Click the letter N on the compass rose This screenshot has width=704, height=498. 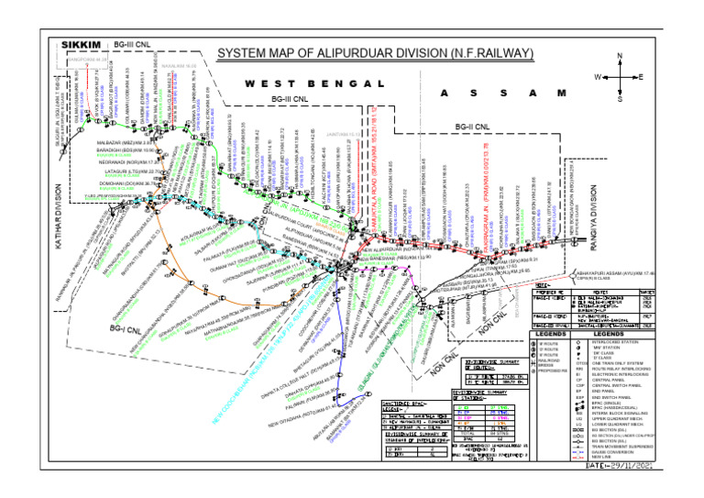click(x=620, y=56)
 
